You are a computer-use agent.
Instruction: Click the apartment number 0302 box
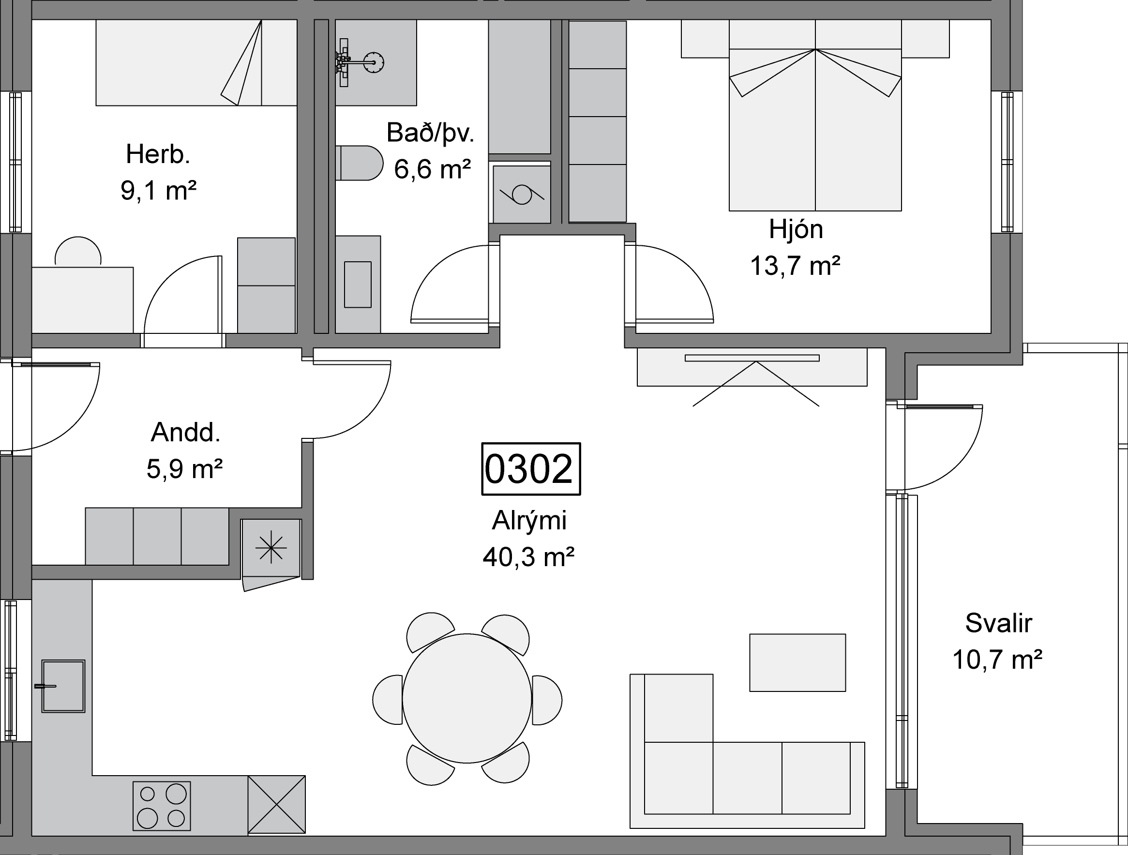coord(531,468)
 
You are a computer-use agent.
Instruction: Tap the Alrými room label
coord(529,521)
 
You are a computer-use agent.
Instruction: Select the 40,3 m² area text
coord(529,557)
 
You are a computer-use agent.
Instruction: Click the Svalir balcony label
coord(998,623)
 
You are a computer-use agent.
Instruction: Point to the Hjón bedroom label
coord(796,229)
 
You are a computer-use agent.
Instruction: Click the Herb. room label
coord(158,154)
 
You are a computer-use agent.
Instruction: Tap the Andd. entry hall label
coord(186,433)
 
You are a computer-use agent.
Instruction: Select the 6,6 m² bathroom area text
coord(432,169)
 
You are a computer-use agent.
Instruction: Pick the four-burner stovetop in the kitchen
coord(162,806)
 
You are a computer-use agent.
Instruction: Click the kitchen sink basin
coord(63,686)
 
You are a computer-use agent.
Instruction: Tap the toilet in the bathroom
coord(359,163)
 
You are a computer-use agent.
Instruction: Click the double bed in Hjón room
coord(815,115)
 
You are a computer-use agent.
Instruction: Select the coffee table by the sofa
coord(797,663)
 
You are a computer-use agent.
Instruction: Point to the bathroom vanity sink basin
coord(358,285)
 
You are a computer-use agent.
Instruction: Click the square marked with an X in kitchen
coord(277,805)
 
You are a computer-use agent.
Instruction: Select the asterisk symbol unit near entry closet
coord(271,548)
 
